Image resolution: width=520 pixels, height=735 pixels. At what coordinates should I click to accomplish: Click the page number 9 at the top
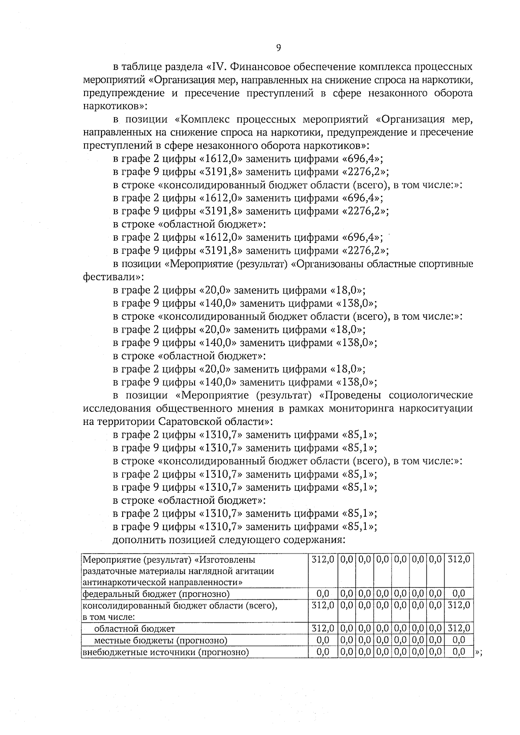pos(278,48)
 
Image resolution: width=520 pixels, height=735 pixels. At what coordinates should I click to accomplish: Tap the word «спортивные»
pos(448,264)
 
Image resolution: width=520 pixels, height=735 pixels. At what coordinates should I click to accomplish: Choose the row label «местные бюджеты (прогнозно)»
pos(160,640)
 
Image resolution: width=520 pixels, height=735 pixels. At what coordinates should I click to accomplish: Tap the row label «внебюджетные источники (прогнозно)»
pos(166,652)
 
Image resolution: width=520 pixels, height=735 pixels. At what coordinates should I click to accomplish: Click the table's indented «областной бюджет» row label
pos(134,628)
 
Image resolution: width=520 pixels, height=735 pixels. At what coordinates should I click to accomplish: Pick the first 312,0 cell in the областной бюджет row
pos(323,628)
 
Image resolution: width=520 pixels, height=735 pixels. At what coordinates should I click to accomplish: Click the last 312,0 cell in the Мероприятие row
pos(458,559)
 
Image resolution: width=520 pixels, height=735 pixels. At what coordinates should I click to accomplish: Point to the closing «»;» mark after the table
pos(479,653)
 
